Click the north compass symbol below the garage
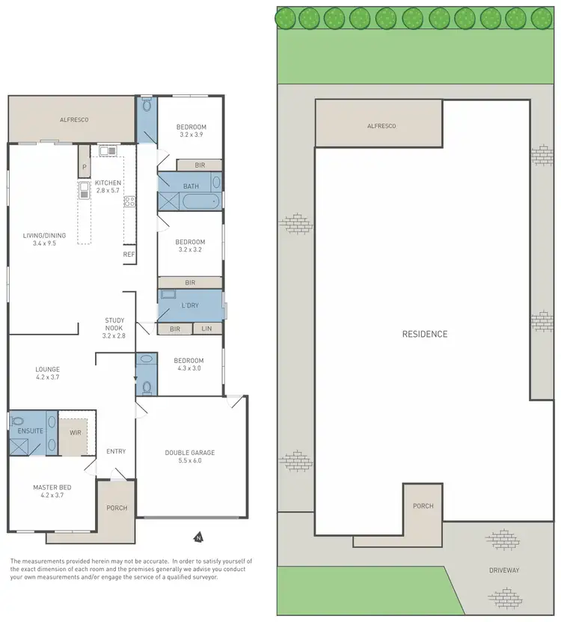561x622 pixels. pos(198,536)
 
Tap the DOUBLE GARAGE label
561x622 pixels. pos(190,453)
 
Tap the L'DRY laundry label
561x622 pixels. pos(190,307)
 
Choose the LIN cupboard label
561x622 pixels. pos(207,329)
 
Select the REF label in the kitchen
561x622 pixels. pos(129,255)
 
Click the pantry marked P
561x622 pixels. pos(85,167)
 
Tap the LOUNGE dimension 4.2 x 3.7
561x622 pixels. pos(47,379)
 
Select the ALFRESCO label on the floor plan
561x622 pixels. pos(75,119)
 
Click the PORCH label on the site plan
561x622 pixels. pos(423,506)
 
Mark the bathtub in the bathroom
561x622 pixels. pos(201,201)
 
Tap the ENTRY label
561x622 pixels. pos(116,451)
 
